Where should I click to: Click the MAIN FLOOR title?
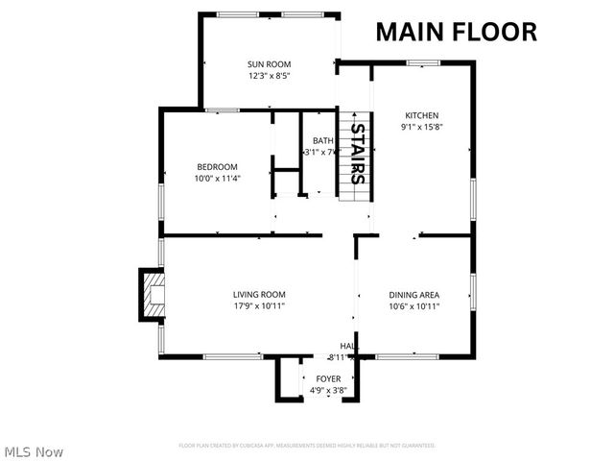pos(456,31)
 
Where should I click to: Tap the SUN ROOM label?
pos(269,64)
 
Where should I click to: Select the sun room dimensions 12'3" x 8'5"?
pos(269,75)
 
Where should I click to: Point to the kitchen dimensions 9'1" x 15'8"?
pos(421,126)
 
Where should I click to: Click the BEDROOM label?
pos(217,166)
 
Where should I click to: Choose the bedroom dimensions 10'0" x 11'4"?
pos(217,178)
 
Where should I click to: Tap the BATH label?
pos(322,141)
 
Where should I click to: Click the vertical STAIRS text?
pos(356,154)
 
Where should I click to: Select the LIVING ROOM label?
pos(259,294)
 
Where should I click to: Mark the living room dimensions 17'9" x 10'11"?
pos(259,305)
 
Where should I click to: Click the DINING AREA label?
pos(414,294)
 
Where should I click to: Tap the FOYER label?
pos(328,379)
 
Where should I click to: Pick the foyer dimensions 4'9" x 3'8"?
pos(328,391)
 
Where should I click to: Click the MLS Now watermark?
pos(34,450)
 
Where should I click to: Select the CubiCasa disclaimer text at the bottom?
pos(307,446)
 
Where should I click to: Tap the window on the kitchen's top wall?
pos(422,63)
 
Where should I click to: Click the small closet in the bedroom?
pos(286,182)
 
